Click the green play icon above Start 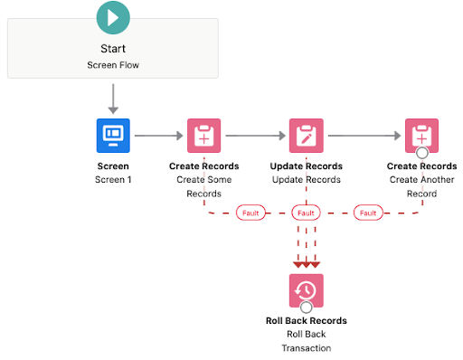click(x=113, y=17)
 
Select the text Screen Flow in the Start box click(x=113, y=64)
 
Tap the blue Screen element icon click(x=114, y=136)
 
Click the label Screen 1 click(x=114, y=180)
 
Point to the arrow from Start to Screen click(x=113, y=97)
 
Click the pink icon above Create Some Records click(x=204, y=136)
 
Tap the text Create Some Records click(x=204, y=186)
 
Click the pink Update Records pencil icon click(x=306, y=136)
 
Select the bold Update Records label click(x=306, y=166)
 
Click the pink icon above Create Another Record click(x=421, y=136)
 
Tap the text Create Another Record click(x=421, y=186)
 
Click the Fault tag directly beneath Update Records click(x=306, y=213)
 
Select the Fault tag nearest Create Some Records click(x=250, y=213)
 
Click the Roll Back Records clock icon click(x=306, y=289)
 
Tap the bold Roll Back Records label click(x=306, y=320)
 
